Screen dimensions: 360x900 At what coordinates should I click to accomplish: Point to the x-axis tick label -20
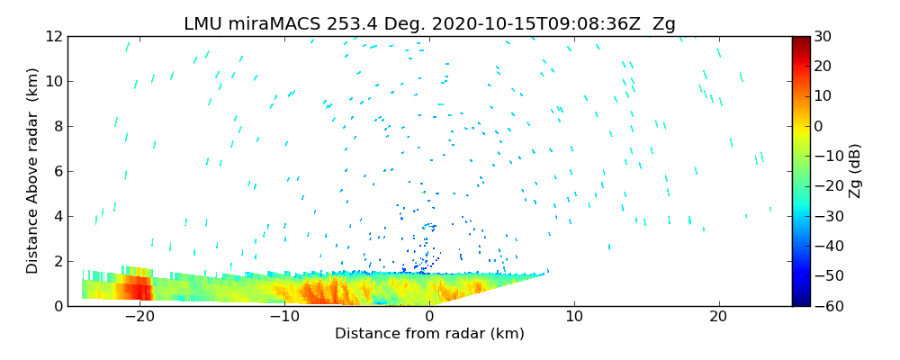[139, 317]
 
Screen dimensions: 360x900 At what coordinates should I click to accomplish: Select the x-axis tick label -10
[283, 317]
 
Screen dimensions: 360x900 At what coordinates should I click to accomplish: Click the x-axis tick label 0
[429, 317]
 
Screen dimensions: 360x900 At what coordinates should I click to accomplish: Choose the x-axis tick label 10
[574, 317]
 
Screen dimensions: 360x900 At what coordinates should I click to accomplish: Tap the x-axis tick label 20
[719, 317]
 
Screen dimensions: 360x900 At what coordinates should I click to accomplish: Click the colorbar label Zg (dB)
[856, 171]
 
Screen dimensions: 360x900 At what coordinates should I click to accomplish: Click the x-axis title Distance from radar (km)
[429, 334]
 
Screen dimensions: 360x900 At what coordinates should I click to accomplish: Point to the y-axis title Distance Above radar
[33, 171]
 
